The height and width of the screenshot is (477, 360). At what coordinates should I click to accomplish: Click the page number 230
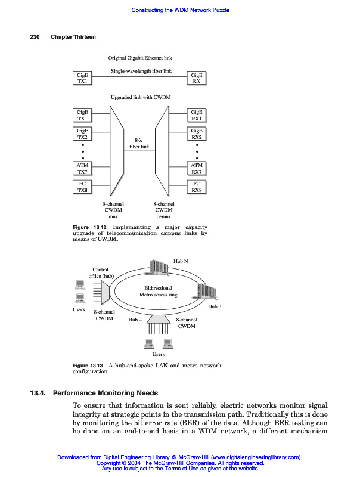(35, 37)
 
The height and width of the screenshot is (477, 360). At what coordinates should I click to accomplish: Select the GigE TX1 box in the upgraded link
(82, 115)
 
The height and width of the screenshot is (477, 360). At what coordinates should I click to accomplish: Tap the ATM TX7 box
(82, 168)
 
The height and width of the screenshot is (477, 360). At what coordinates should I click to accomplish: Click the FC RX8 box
(197, 187)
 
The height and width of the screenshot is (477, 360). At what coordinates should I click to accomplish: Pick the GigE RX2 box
(197, 134)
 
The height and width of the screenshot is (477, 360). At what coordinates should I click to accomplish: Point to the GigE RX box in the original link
(197, 78)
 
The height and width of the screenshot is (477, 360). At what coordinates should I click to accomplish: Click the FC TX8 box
(82, 187)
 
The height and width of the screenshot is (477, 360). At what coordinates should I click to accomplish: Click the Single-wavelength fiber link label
(141, 71)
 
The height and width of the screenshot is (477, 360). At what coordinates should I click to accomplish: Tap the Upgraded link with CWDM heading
(141, 97)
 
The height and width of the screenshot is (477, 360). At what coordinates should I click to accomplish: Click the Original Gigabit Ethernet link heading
(140, 58)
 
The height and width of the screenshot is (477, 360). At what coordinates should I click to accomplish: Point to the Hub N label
(181, 261)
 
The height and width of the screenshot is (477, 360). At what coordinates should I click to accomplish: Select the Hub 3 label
(215, 306)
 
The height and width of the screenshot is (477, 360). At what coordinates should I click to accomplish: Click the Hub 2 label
(135, 320)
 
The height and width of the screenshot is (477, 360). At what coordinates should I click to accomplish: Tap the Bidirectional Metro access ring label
(158, 291)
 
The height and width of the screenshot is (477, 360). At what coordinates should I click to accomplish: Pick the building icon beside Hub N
(160, 267)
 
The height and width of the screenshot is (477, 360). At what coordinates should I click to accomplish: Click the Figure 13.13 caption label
(88, 365)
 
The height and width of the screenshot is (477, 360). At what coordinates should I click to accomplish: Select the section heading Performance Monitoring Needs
(105, 393)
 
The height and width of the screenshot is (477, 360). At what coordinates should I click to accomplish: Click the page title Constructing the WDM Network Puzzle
(180, 10)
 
